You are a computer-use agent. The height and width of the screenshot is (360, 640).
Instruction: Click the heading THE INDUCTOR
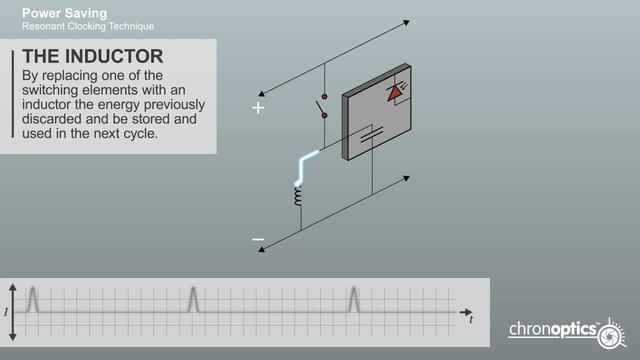pos(93,55)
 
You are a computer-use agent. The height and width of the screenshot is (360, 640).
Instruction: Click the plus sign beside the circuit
pos(258,107)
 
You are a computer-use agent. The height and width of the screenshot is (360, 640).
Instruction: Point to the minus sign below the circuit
pos(258,240)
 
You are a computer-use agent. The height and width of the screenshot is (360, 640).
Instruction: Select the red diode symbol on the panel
pos(397,93)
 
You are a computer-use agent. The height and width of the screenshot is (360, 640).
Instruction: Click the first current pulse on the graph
pos(32,299)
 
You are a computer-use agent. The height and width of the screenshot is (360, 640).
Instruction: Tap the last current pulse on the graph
pos(353,299)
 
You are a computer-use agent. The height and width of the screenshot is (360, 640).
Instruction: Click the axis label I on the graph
pos(6,312)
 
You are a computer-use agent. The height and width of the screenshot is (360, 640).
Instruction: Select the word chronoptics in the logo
pos(552,329)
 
